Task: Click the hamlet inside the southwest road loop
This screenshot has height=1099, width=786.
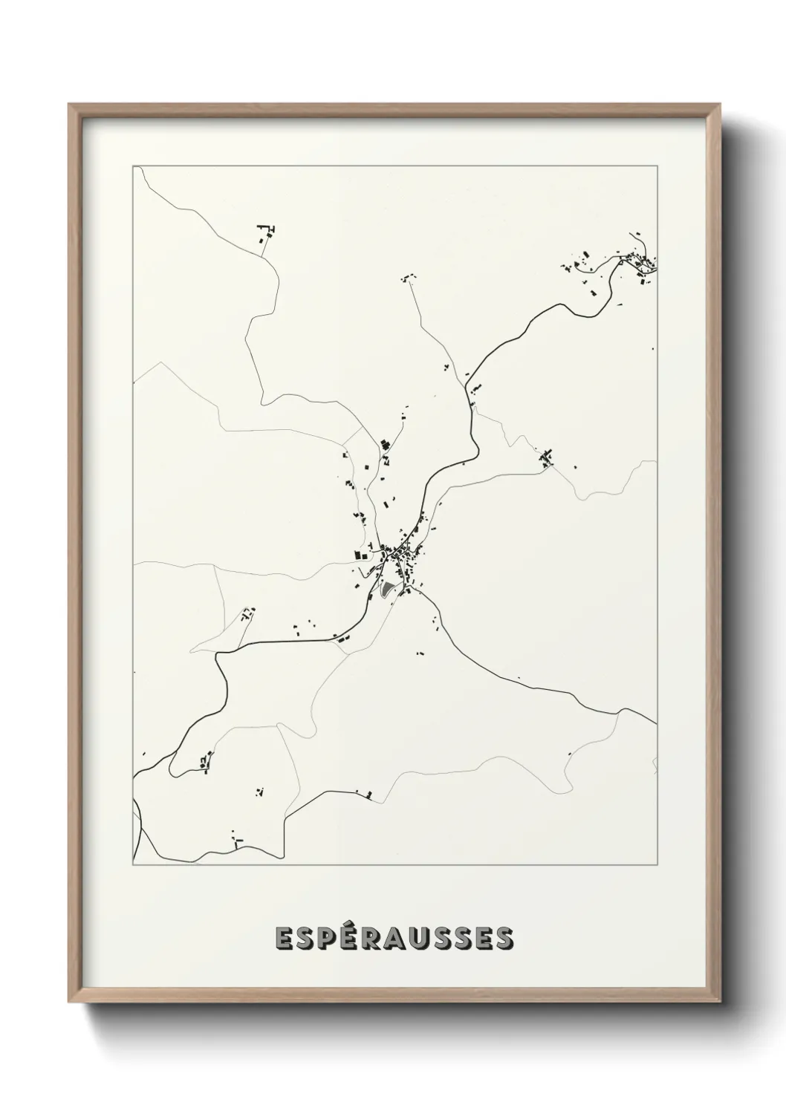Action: pyautogui.click(x=206, y=761)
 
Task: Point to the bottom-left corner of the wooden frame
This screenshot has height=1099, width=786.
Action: pyautogui.click(x=70, y=1002)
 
